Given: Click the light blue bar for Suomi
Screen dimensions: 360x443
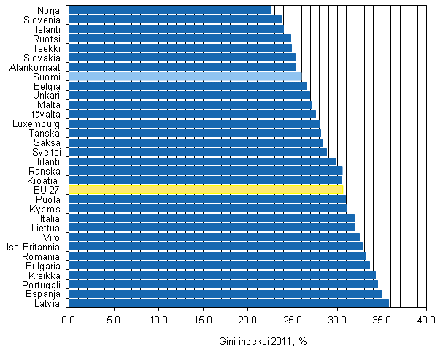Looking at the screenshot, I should coord(185,77).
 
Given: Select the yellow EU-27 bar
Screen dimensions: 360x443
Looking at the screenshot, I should coord(206,190).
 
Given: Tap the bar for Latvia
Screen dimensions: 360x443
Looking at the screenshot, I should coord(228,303).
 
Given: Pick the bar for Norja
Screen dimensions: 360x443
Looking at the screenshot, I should coord(170,10).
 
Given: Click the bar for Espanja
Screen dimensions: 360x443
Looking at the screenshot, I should coord(226,294).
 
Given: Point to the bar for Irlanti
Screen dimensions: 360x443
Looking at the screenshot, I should coord(202,161).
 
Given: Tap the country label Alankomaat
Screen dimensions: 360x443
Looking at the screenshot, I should coord(40,67).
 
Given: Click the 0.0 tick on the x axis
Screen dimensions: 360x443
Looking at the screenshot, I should coord(69,320).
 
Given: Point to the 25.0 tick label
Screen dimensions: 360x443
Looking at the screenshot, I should coord(293,320).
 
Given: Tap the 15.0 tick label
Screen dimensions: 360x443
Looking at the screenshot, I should coord(203,320).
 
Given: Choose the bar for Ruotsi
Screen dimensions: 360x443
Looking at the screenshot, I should coord(180,39).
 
